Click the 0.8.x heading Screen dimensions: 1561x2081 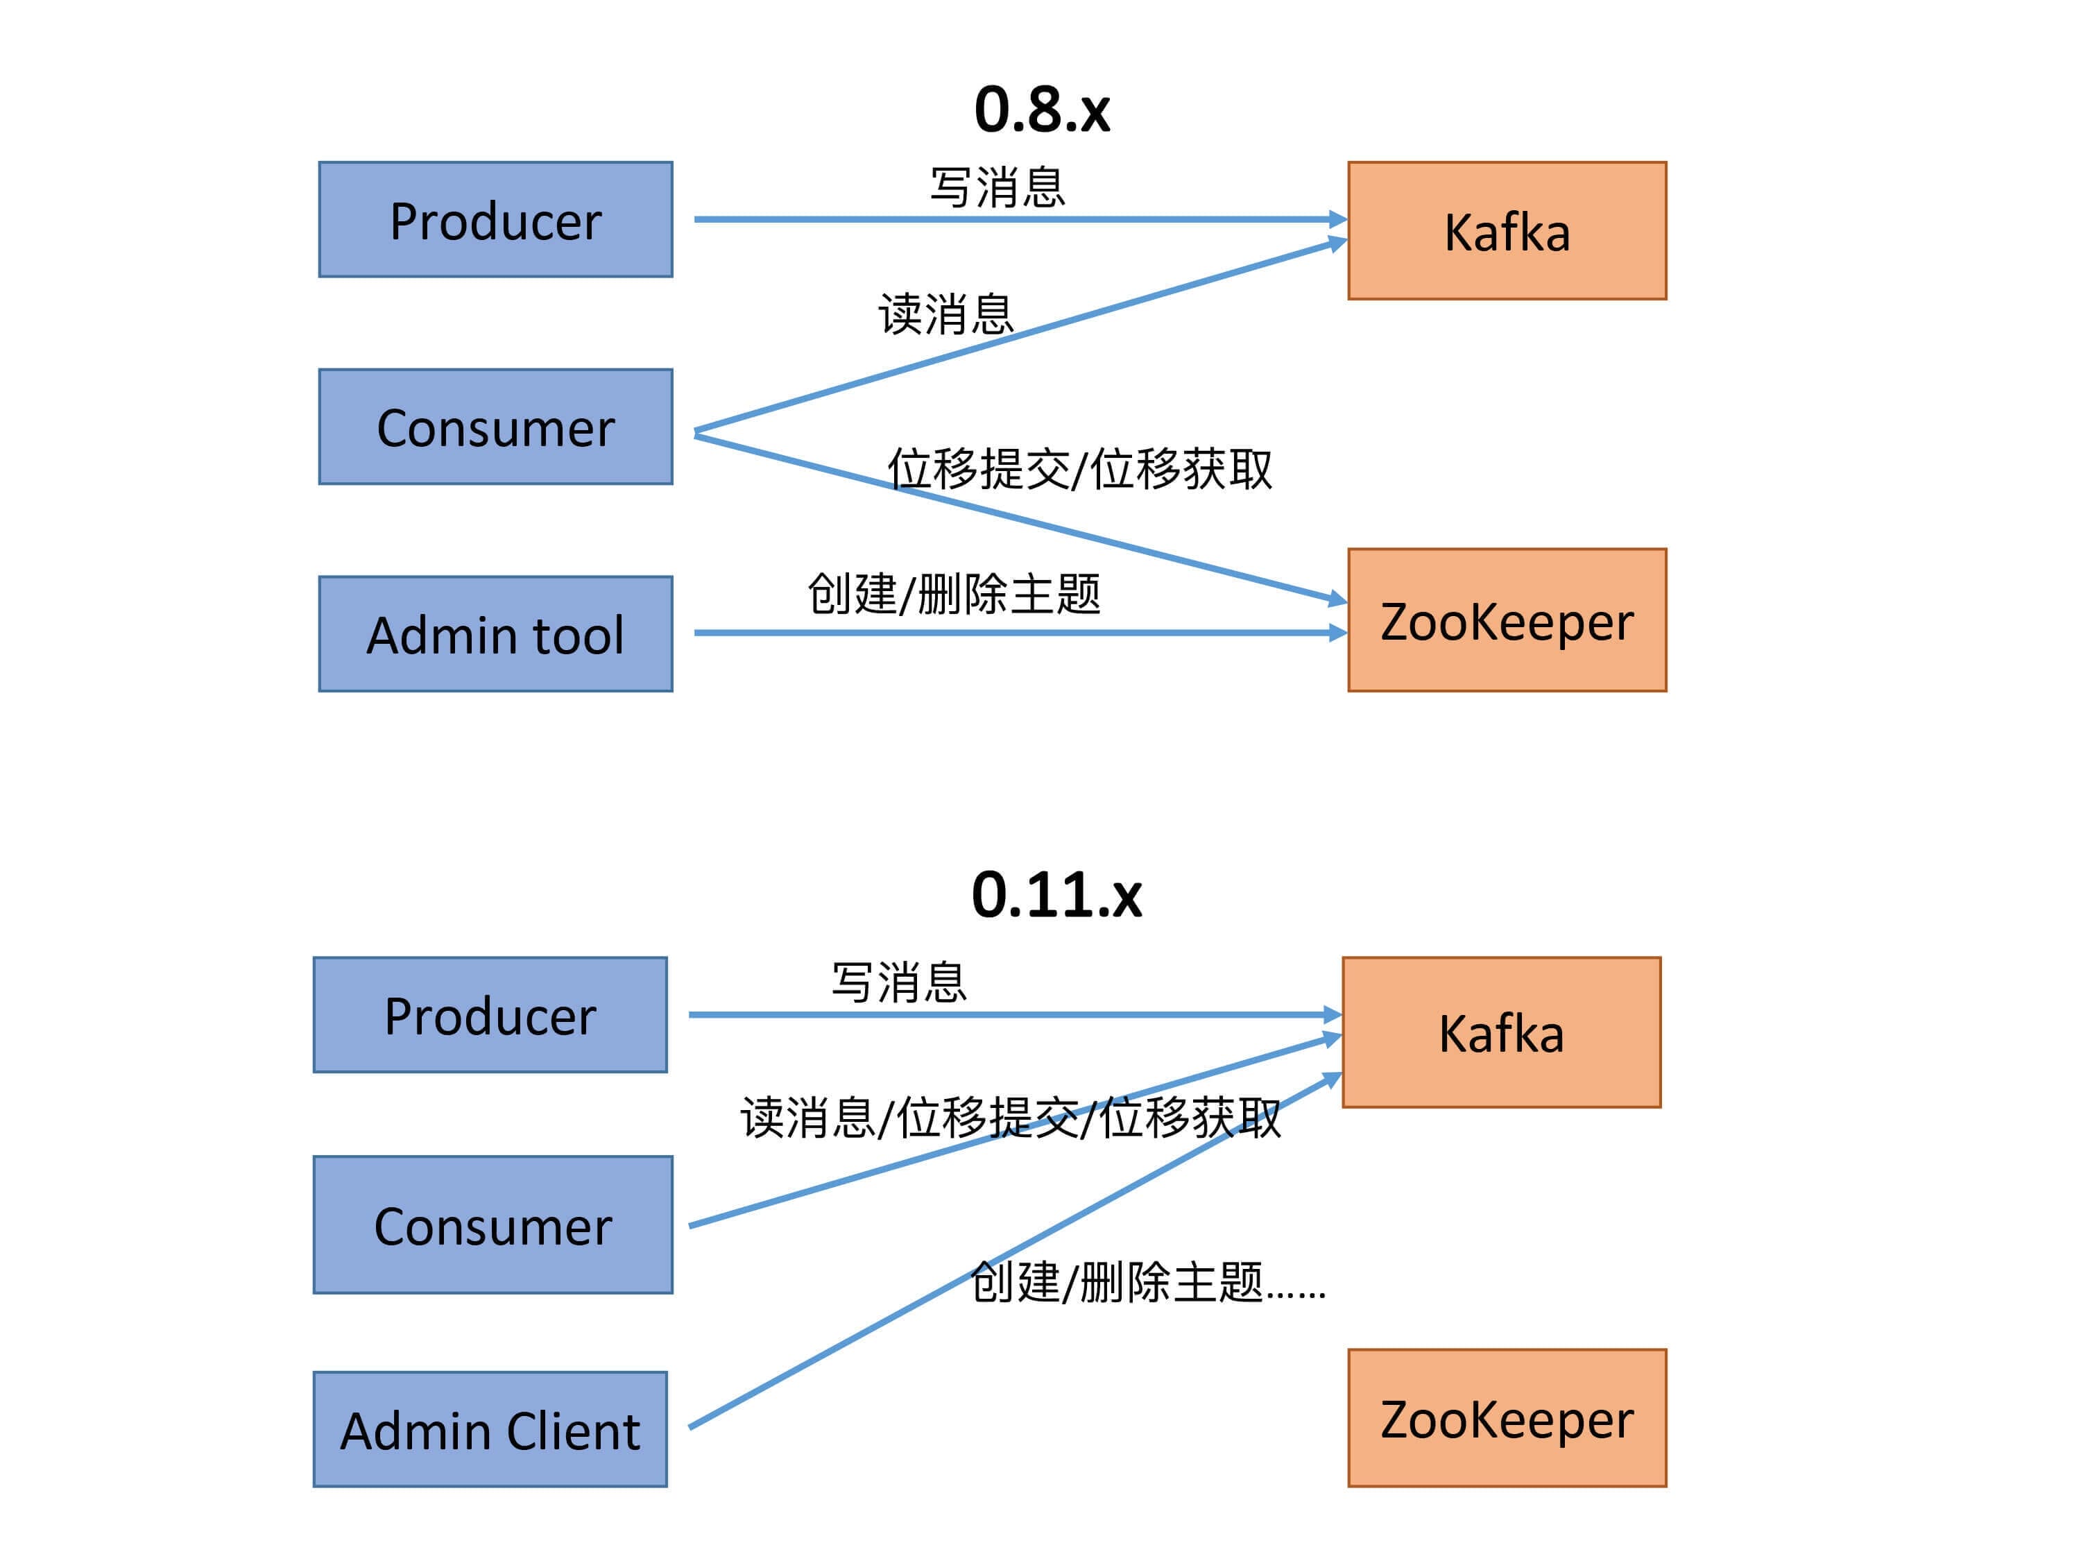click(x=1041, y=110)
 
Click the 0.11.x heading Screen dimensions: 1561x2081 click(x=1056, y=895)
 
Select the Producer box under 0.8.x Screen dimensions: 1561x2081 click(x=496, y=220)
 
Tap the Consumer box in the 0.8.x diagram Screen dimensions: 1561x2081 click(x=496, y=427)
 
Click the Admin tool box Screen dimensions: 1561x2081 click(x=496, y=634)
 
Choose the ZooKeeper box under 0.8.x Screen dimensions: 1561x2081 click(x=1506, y=621)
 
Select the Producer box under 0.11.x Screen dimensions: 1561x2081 click(x=490, y=1015)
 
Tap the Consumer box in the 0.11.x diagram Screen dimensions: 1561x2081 click(x=493, y=1225)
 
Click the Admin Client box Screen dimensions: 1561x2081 click(x=490, y=1429)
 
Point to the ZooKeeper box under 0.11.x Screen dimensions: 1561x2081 click(x=1506, y=1418)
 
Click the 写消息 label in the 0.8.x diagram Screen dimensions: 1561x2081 click(x=997, y=187)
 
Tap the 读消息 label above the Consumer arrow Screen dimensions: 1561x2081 click(x=945, y=314)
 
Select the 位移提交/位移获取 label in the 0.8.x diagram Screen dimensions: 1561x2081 click(x=1079, y=468)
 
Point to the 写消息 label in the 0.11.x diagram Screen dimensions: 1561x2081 click(x=898, y=982)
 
